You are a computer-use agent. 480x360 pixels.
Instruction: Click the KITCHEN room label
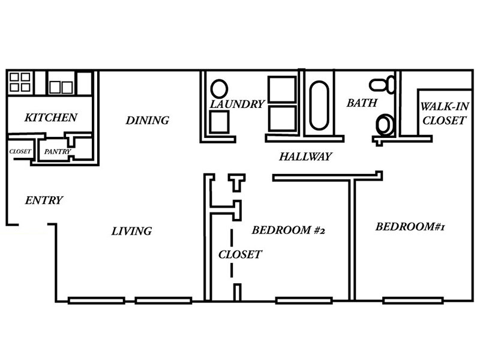pyautogui.click(x=50, y=117)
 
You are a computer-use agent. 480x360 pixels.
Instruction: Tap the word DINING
pyautogui.click(x=147, y=121)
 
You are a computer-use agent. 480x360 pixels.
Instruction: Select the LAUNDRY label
pyautogui.click(x=237, y=104)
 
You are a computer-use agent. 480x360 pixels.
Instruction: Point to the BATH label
pyautogui.click(x=362, y=103)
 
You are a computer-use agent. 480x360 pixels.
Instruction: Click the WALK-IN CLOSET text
pyautogui.click(x=443, y=113)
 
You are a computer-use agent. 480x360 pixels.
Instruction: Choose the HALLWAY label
pyautogui.click(x=305, y=157)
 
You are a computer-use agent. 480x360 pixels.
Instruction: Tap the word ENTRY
pyautogui.click(x=44, y=200)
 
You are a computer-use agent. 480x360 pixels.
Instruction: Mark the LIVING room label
pyautogui.click(x=132, y=231)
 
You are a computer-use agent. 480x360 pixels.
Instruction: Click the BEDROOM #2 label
pyautogui.click(x=292, y=230)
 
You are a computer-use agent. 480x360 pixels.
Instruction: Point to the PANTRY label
pyautogui.click(x=58, y=152)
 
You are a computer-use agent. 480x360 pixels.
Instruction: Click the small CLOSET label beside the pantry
pyautogui.click(x=20, y=152)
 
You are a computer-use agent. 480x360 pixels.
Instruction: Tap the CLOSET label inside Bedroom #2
pyautogui.click(x=239, y=254)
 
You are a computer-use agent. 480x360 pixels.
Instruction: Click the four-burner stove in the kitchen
pyautogui.click(x=20, y=82)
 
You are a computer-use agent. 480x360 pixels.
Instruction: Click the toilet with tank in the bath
pyautogui.click(x=382, y=84)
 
